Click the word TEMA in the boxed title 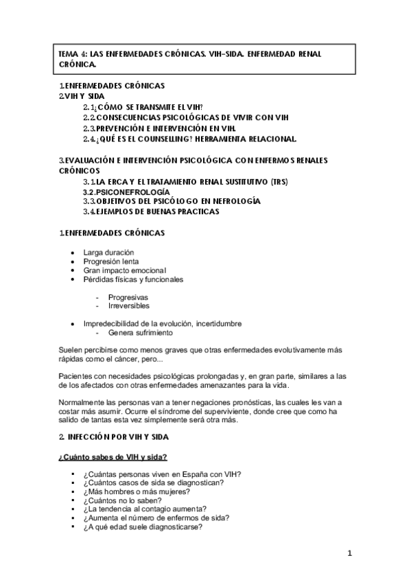coord(69,54)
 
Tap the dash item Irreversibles coord(128,305)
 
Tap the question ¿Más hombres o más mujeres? coord(137,491)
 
